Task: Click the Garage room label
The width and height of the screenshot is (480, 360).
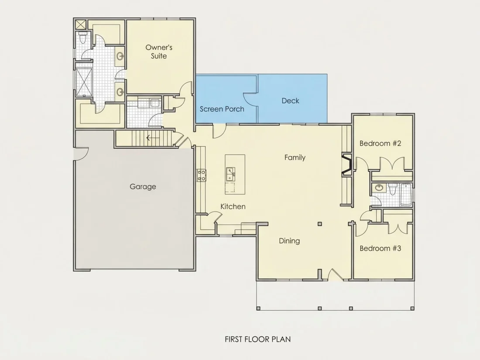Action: (143, 186)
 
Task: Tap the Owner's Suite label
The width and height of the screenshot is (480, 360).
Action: (159, 51)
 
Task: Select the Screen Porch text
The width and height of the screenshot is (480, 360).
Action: (222, 109)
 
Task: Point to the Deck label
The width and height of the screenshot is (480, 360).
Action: (290, 100)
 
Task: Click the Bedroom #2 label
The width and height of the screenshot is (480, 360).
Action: (380, 143)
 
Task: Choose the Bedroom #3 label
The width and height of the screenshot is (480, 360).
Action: (380, 248)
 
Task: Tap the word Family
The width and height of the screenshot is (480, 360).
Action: (295, 158)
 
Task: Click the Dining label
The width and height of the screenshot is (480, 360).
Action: (289, 241)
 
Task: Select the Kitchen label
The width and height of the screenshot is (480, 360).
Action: (233, 207)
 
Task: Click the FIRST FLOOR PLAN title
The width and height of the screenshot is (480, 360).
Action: (258, 339)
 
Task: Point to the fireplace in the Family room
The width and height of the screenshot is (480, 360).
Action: (347, 165)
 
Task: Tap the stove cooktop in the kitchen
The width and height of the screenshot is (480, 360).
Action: (202, 175)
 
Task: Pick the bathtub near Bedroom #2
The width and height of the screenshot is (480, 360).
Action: (406, 195)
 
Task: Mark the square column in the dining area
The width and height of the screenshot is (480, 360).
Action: (319, 224)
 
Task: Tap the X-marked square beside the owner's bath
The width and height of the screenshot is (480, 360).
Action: (81, 24)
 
